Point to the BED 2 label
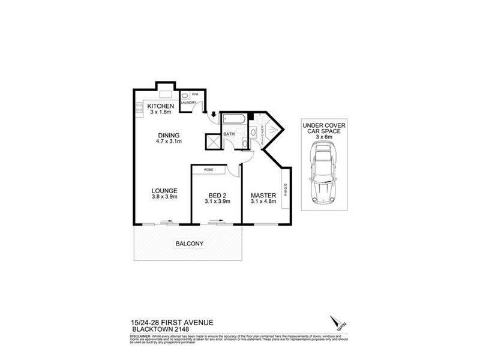tap(217, 196)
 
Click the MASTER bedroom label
tap(263, 196)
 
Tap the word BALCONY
tap(188, 243)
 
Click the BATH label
tap(229, 134)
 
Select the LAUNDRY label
tap(188, 103)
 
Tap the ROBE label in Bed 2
tap(209, 170)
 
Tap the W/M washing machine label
tap(196, 94)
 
